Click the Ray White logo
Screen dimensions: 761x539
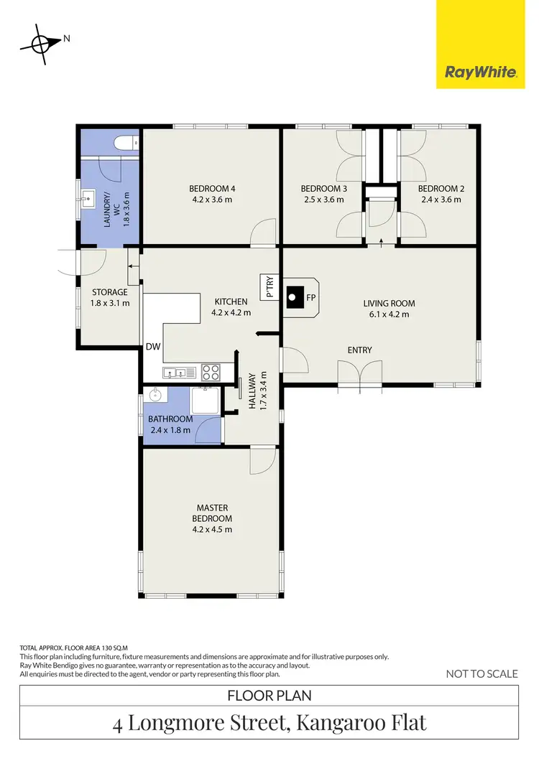481,72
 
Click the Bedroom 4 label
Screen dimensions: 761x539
211,189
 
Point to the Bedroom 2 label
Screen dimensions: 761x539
442,189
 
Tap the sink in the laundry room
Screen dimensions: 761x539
89,196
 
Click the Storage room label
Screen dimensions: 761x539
110,292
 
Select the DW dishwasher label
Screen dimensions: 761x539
153,347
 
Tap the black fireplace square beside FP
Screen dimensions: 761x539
293,294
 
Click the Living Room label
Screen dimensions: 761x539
390,303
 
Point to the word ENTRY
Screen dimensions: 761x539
359,350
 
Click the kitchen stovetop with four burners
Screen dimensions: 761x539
210,372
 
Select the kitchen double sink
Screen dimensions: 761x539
179,372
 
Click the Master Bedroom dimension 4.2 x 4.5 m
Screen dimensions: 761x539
211,529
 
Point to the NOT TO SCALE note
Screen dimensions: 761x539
482,673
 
